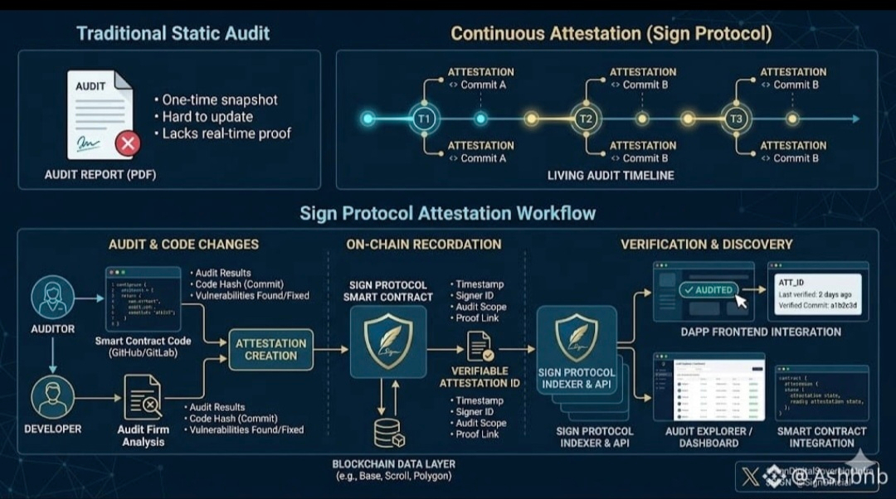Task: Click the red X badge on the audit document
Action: tap(127, 144)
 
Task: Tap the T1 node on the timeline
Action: tap(424, 119)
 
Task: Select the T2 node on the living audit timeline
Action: tap(586, 119)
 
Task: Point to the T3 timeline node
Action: tap(736, 119)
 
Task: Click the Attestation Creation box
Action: tap(270, 349)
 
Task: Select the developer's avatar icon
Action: tap(53, 396)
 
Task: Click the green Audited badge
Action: tap(708, 290)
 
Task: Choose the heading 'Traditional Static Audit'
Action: tap(173, 34)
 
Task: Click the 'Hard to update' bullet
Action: tap(207, 116)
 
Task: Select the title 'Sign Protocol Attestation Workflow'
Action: tap(447, 213)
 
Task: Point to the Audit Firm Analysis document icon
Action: tap(142, 398)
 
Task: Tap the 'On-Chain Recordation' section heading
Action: tap(423, 245)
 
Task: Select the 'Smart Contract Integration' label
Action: tap(821, 437)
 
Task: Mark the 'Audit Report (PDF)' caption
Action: tap(100, 175)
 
